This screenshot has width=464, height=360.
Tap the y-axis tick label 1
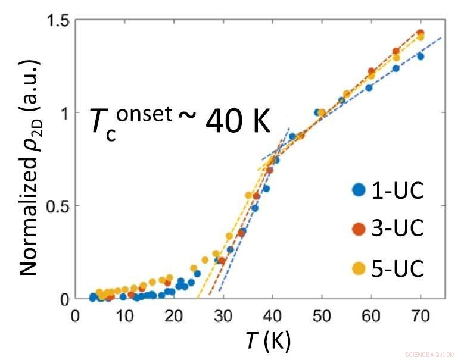[63, 113]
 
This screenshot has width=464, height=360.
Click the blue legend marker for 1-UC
[359, 190]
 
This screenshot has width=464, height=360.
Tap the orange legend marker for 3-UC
[359, 229]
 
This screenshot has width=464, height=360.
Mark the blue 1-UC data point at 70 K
[421, 56]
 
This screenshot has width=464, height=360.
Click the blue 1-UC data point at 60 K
[369, 87]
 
